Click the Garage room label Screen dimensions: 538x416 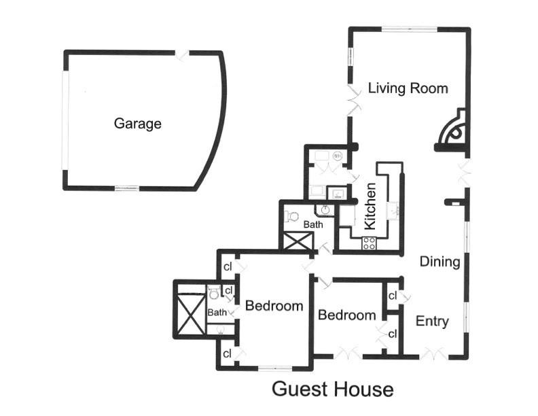pyautogui.click(x=138, y=124)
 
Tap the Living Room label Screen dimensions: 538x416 pyautogui.click(x=408, y=88)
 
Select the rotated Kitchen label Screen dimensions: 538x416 pyautogui.click(x=370, y=206)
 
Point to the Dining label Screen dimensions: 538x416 pyautogui.click(x=440, y=262)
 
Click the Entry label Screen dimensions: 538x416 pyautogui.click(x=432, y=322)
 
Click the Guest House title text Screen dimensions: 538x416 pyautogui.click(x=332, y=389)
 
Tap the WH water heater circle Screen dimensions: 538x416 pyautogui.click(x=338, y=156)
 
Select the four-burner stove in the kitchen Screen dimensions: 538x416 pyautogui.click(x=369, y=243)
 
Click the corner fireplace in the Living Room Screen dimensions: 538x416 pyautogui.click(x=452, y=131)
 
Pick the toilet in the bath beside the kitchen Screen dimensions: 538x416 pyautogui.click(x=292, y=217)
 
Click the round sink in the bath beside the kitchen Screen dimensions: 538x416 pyautogui.click(x=325, y=209)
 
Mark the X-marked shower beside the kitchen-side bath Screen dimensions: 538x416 pyautogui.click(x=298, y=241)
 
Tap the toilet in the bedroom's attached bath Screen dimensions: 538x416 pyautogui.click(x=213, y=292)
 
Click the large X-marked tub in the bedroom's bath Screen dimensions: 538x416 pyautogui.click(x=191, y=314)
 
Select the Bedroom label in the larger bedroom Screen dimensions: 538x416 pyautogui.click(x=274, y=306)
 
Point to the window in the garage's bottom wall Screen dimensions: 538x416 pyautogui.click(x=127, y=188)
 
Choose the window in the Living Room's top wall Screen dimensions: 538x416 pyautogui.click(x=410, y=29)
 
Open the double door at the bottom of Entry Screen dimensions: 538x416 pyautogui.click(x=433, y=354)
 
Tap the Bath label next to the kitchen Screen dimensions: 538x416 pyautogui.click(x=313, y=224)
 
